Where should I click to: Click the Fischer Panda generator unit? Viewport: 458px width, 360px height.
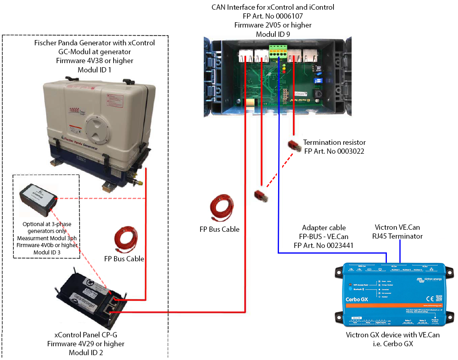coord(99,133)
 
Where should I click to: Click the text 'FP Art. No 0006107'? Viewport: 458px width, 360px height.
coord(273,16)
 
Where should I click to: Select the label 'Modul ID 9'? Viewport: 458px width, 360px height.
coord(273,34)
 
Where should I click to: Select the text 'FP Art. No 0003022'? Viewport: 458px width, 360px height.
coord(335,151)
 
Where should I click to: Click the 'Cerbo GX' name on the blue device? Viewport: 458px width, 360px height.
coord(356,300)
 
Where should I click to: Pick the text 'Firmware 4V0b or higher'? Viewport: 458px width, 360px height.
coord(47,245)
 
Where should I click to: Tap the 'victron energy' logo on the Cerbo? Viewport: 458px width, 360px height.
coord(429,280)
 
